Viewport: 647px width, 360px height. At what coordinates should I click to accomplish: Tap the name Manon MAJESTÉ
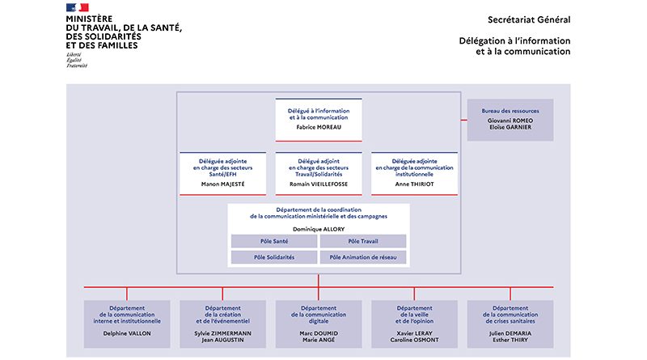click(x=222, y=184)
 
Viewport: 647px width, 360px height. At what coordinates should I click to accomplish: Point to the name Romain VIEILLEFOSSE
click(x=319, y=184)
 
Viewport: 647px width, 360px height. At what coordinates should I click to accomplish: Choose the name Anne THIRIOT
click(x=414, y=184)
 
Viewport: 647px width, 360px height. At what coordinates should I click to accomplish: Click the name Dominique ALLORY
click(x=319, y=229)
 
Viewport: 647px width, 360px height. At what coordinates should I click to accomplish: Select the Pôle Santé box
click(x=273, y=241)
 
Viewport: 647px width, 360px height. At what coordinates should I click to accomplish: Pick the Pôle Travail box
click(x=363, y=241)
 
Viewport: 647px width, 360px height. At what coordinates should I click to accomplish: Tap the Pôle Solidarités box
click(x=273, y=257)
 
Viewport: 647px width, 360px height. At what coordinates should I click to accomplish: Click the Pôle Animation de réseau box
click(x=363, y=257)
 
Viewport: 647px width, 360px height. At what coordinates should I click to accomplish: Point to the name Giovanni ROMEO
click(x=510, y=120)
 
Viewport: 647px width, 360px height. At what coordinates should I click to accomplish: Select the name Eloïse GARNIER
click(x=510, y=127)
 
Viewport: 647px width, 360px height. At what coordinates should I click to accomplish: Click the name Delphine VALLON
click(x=127, y=333)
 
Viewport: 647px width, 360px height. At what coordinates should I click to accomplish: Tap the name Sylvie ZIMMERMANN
click(x=222, y=333)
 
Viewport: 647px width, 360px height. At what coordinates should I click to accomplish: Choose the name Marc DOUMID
click(x=319, y=333)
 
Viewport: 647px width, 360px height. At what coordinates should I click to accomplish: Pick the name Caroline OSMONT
click(x=414, y=341)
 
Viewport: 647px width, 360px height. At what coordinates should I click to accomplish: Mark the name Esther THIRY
click(x=510, y=341)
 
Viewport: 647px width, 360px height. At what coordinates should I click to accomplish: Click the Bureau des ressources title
click(x=510, y=110)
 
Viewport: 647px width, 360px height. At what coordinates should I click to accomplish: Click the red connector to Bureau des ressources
click(x=463, y=120)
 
